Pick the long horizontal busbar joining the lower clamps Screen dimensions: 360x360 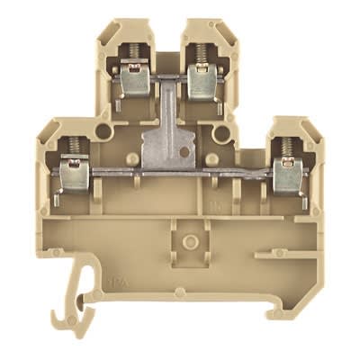click(180, 167)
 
